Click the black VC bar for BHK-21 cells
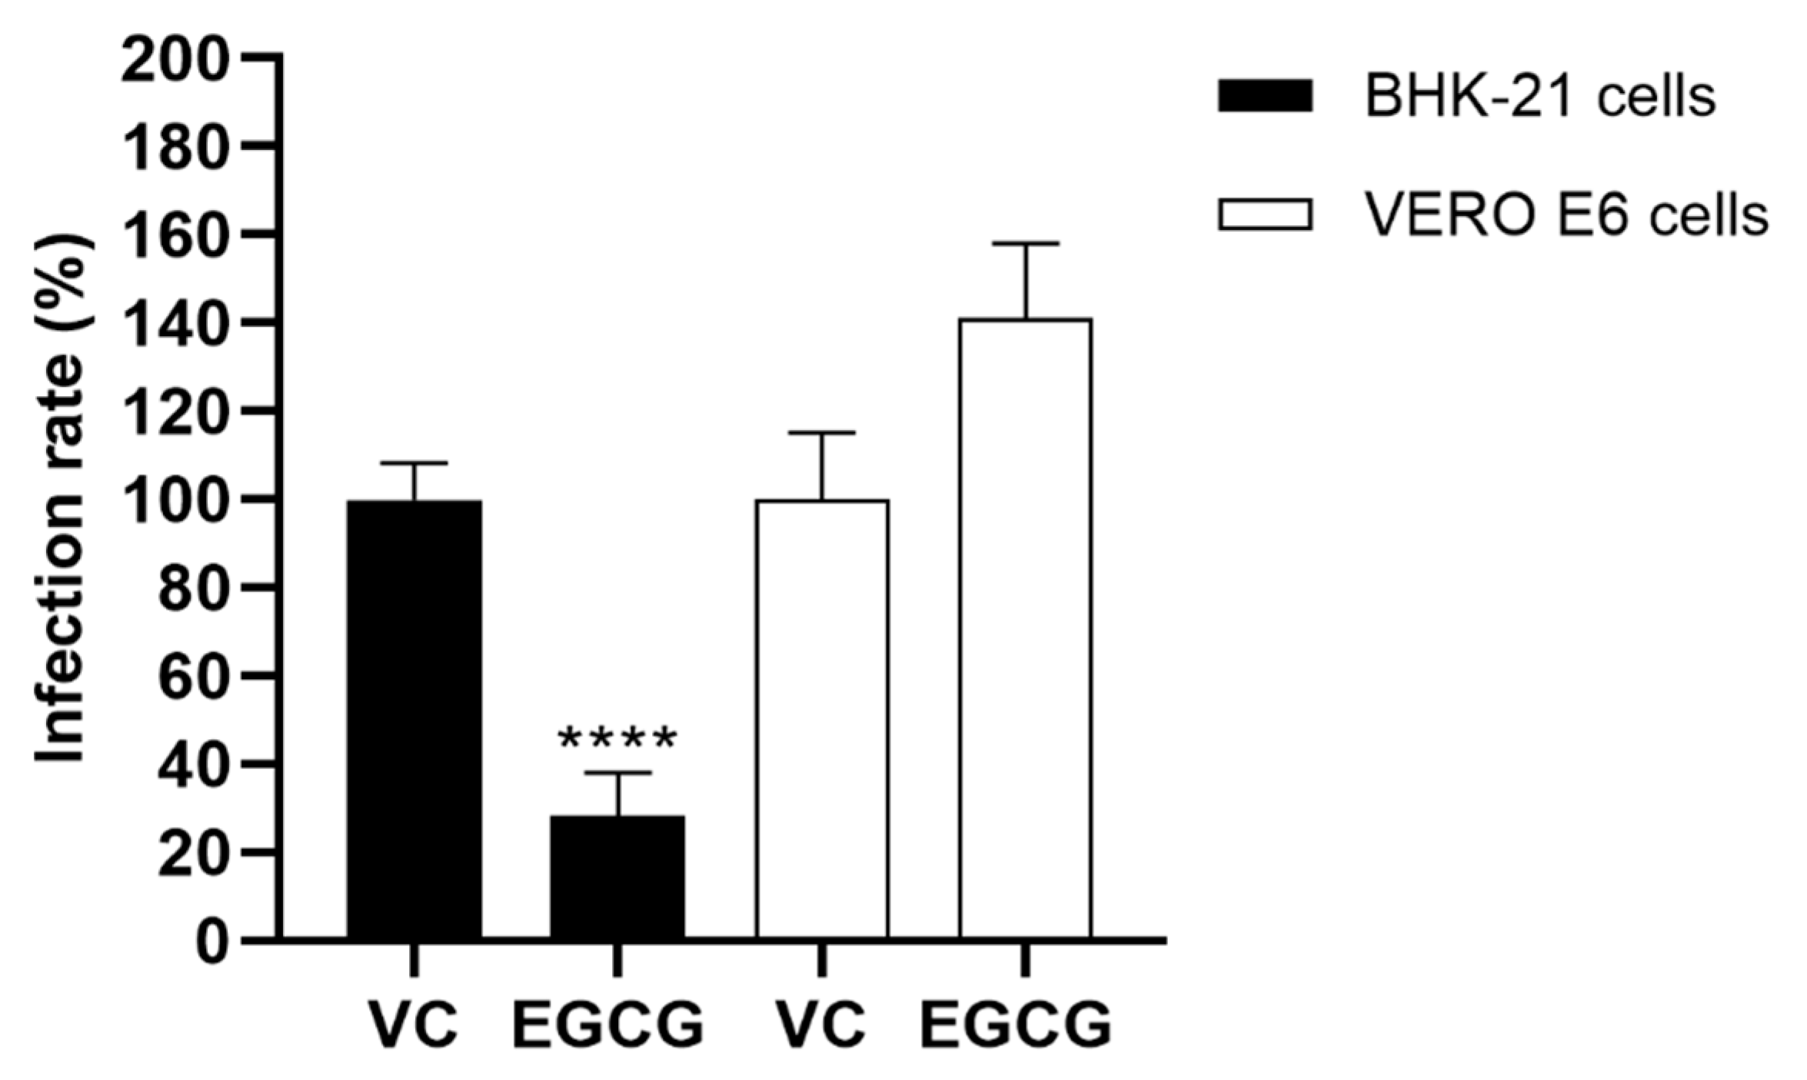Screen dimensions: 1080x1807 [414, 719]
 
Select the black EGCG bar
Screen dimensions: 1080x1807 [617, 877]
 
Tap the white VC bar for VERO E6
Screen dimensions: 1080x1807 [822, 719]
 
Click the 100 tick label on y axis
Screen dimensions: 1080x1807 [175, 501]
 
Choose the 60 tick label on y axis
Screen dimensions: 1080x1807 [192, 677]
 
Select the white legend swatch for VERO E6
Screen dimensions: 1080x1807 [1265, 215]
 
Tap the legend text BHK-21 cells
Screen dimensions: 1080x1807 [1540, 98]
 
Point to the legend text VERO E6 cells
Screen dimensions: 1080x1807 [1566, 216]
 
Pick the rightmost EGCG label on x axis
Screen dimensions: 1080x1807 [1017, 1025]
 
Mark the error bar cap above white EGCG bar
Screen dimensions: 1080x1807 [1025, 244]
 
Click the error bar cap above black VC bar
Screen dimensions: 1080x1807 [414, 463]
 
